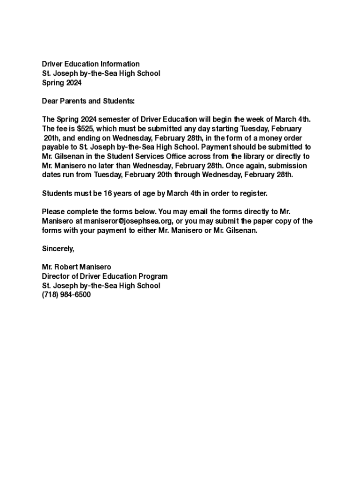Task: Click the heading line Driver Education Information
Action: point(91,64)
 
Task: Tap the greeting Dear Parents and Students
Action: point(88,101)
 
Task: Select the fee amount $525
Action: point(86,129)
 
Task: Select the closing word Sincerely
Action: point(58,248)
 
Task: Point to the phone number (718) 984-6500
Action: point(66,295)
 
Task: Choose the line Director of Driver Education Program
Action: point(105,276)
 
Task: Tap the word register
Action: point(252,193)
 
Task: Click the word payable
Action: point(55,147)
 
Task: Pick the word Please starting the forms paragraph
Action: point(53,211)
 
